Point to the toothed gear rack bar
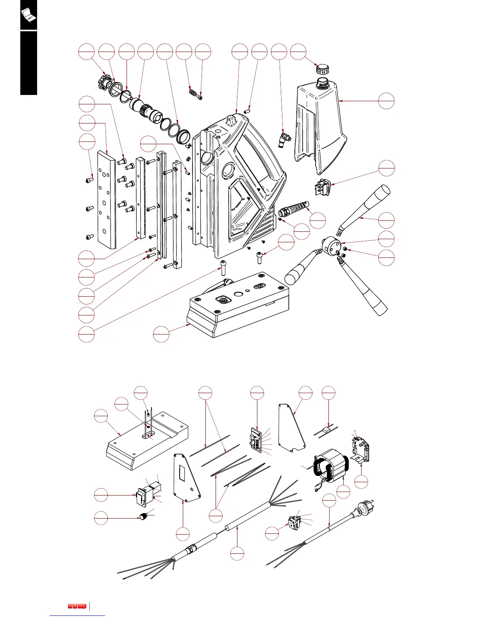pyautogui.click(x=140, y=197)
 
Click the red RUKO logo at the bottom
pyautogui.click(x=77, y=606)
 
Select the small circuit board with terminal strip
pyautogui.click(x=256, y=439)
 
